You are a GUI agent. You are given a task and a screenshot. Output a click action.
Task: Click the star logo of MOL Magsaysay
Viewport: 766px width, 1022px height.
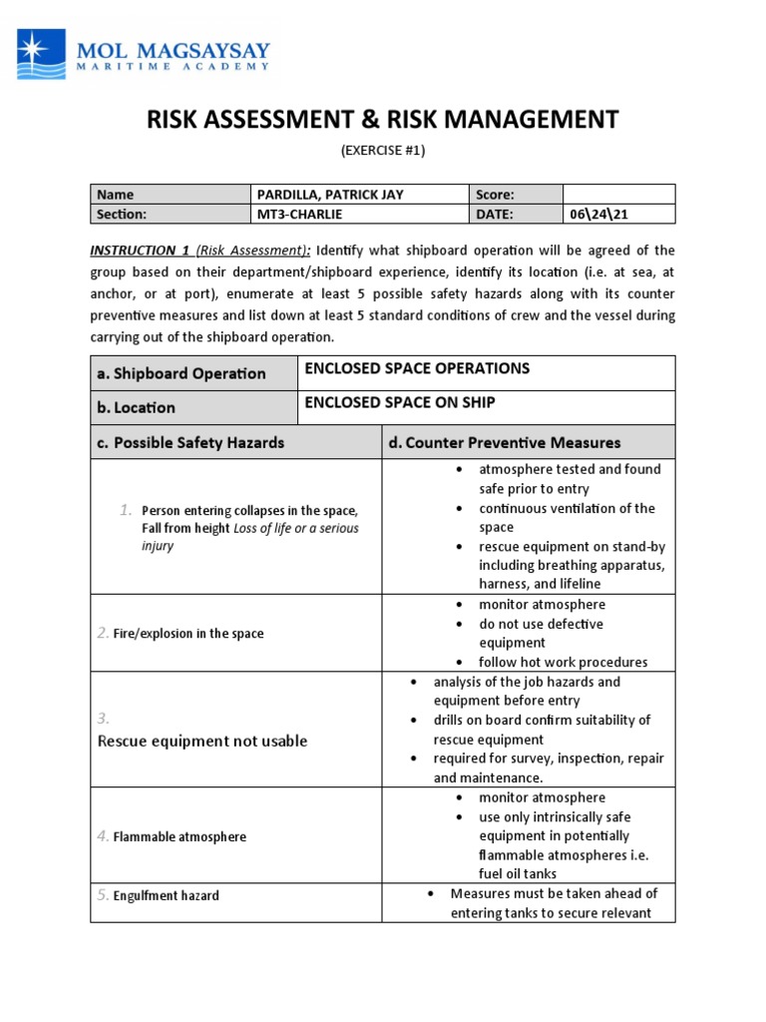point(41,54)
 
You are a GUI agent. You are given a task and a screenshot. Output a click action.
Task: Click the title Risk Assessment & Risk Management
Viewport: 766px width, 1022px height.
point(383,120)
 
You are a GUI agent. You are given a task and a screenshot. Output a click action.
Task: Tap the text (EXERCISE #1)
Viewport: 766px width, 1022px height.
point(383,151)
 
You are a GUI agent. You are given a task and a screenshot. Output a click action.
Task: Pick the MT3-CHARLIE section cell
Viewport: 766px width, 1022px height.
point(299,214)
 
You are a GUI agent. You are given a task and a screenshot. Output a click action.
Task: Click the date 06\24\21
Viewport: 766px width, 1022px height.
point(596,214)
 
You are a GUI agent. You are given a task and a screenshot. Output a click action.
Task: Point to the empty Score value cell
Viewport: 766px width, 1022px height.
point(618,195)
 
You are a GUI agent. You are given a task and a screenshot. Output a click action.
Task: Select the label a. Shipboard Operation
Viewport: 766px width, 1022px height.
point(182,373)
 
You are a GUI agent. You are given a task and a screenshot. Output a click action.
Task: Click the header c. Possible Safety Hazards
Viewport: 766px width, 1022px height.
point(191,442)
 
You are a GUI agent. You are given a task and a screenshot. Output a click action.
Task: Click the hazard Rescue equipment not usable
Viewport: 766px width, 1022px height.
point(202,741)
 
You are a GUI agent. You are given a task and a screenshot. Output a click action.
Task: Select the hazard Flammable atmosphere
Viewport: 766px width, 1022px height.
point(180,836)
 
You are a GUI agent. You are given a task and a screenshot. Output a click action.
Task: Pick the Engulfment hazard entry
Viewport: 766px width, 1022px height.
point(166,895)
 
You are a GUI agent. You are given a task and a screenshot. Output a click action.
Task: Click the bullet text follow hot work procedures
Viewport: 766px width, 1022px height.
point(563,662)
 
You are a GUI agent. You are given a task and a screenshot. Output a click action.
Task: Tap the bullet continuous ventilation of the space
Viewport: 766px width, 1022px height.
point(566,517)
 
